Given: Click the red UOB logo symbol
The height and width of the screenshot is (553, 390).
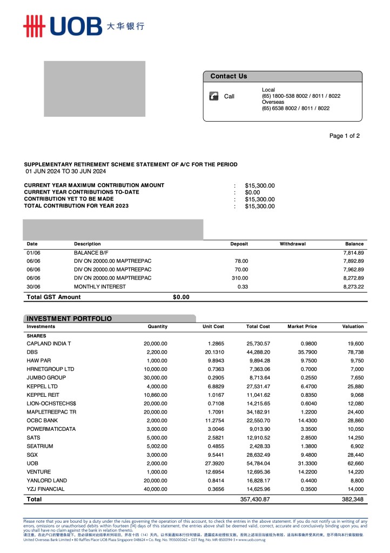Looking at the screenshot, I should click(x=33, y=26).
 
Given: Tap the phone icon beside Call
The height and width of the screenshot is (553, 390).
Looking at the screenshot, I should click(x=214, y=96).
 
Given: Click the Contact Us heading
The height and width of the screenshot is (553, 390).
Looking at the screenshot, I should click(x=228, y=76).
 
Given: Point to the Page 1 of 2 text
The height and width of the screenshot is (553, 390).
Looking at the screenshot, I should click(x=344, y=136).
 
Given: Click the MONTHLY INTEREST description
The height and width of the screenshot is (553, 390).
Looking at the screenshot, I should click(x=98, y=287).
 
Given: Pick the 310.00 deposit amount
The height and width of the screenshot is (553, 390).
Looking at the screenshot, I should click(x=240, y=278).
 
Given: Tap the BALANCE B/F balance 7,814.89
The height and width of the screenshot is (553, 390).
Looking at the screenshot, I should click(x=353, y=252).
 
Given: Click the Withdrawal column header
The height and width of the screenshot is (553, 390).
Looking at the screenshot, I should click(x=292, y=244).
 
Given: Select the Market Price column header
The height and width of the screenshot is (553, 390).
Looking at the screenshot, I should click(x=302, y=327).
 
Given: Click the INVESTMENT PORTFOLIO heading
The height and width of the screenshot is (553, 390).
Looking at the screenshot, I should click(x=69, y=318).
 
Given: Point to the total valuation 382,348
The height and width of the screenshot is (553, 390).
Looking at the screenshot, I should click(x=353, y=499).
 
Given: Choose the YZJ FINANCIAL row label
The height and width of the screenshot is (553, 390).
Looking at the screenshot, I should click(x=45, y=489).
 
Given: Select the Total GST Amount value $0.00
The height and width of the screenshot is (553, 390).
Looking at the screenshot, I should click(x=181, y=297).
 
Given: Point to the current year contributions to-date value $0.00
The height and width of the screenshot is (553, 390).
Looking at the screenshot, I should click(x=252, y=192).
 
